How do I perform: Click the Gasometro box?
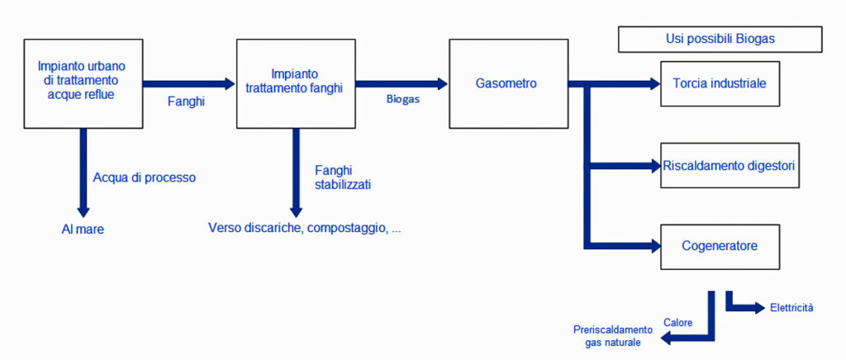(508, 83)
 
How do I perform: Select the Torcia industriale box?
(720, 83)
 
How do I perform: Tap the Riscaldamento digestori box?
(729, 165)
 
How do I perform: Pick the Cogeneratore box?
(720, 246)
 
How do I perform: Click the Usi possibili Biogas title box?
(720, 39)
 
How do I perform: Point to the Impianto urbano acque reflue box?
(83, 83)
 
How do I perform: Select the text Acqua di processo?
(145, 177)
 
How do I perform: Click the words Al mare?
(83, 229)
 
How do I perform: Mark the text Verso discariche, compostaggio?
(304, 227)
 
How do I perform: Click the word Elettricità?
(791, 308)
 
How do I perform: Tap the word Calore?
(678, 322)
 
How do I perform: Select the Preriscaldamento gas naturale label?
(613, 335)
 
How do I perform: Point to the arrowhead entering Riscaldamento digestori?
(654, 165)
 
